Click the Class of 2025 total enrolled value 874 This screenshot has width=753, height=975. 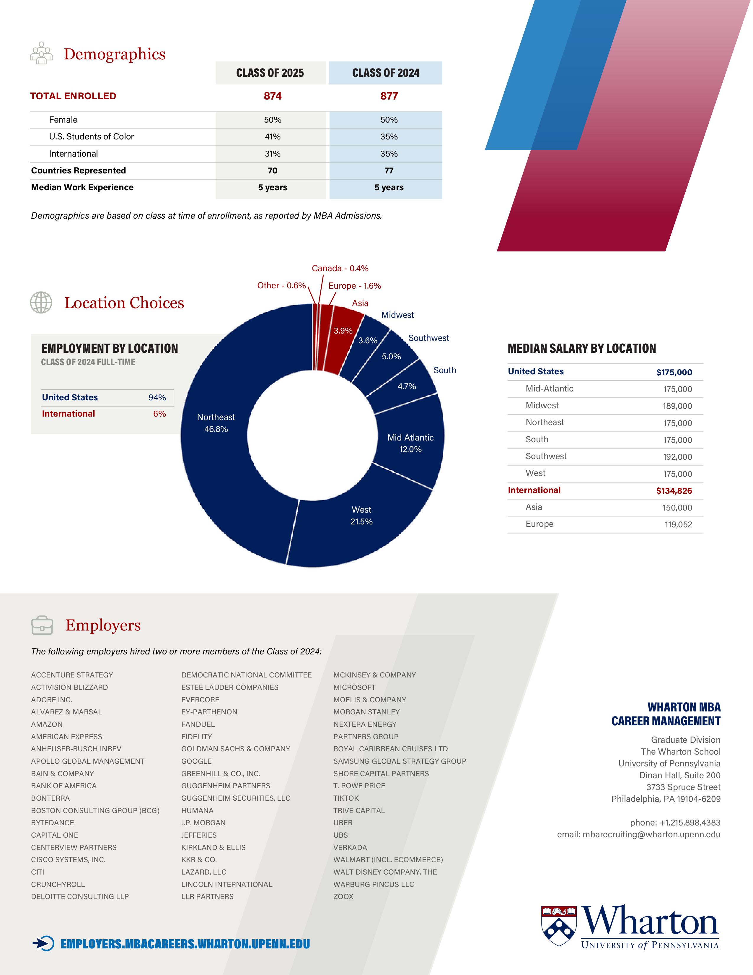pos(273,96)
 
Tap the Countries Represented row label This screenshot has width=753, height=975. pos(79,170)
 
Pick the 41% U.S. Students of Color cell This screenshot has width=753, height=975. pos(273,136)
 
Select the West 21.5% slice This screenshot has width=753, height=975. pos(361,516)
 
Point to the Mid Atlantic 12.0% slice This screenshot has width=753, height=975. pos(410,443)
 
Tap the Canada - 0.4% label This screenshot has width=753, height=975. pos(340,268)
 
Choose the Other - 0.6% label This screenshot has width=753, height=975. pos(281,286)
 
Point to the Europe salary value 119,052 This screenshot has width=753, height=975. pos(678,524)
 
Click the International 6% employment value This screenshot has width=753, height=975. pos(159,414)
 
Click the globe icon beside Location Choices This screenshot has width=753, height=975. pos(41,303)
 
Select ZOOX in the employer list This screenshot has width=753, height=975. pos(343,896)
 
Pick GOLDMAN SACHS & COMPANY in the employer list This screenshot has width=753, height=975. pos(236,749)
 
